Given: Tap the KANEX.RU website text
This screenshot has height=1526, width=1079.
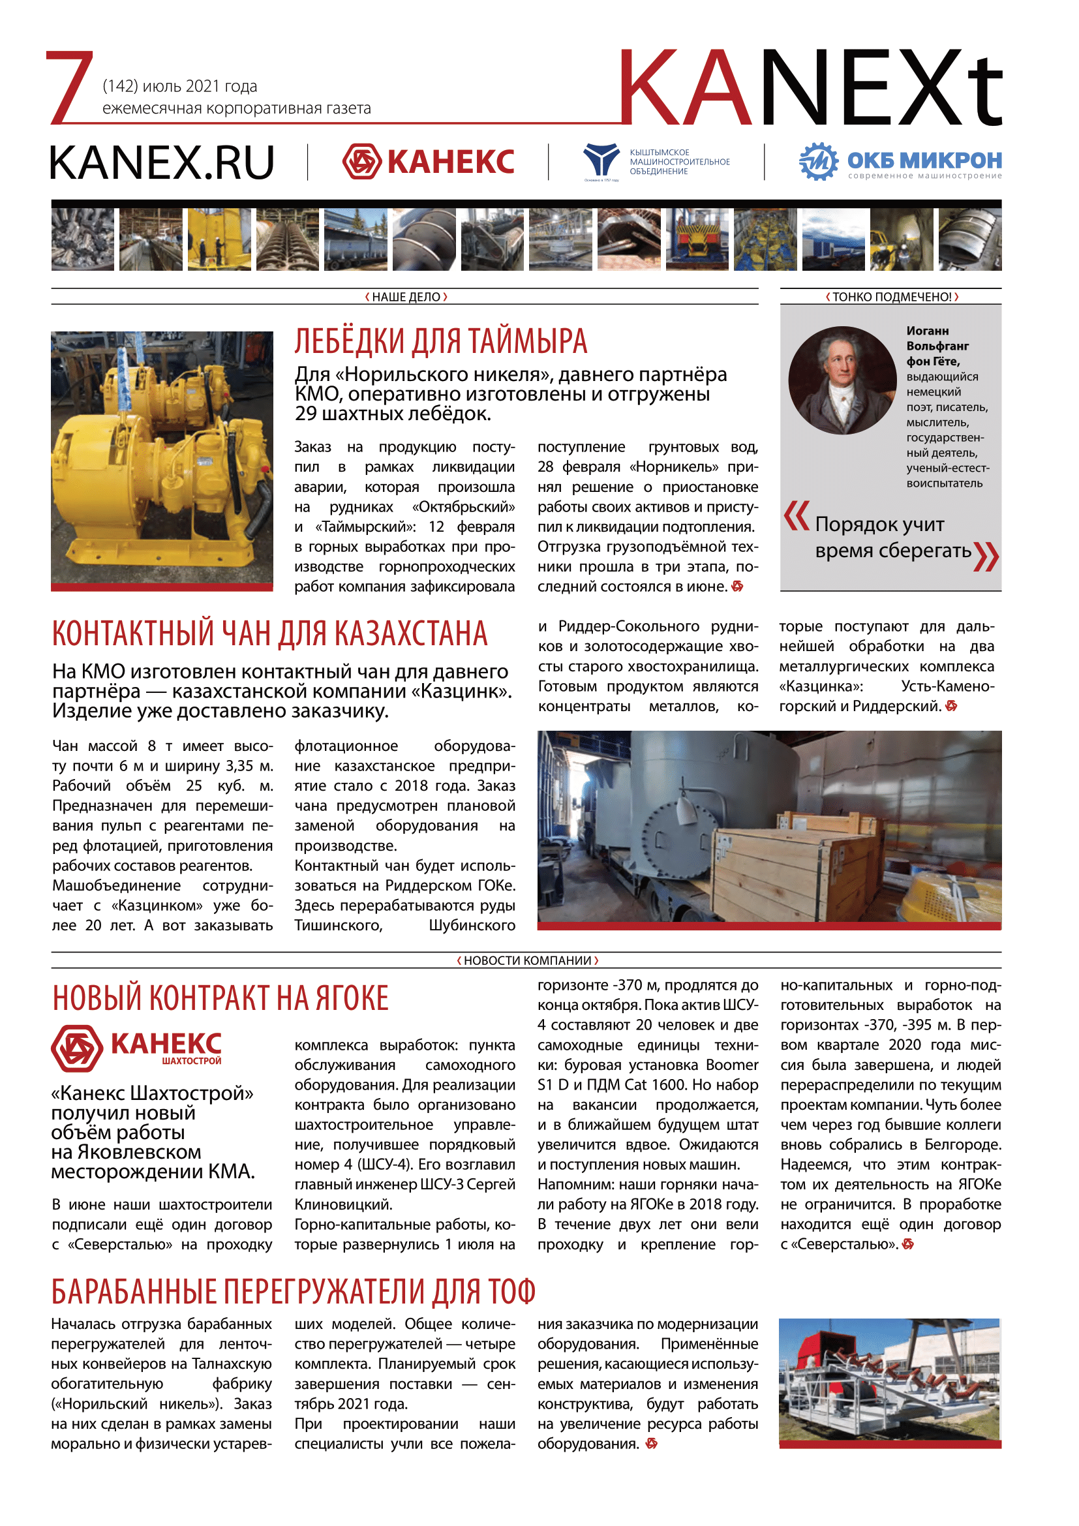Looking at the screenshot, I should tap(161, 163).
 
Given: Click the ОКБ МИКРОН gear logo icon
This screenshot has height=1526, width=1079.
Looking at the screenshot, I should tap(819, 162).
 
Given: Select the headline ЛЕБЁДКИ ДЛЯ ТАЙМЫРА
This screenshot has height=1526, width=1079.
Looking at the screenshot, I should tap(440, 342).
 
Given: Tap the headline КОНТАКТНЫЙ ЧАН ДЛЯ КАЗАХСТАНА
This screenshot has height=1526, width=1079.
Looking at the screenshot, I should tap(270, 633).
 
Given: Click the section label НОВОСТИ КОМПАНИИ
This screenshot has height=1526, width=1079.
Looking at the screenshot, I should tap(528, 960).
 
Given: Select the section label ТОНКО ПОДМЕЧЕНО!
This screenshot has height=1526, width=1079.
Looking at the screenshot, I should tap(892, 297).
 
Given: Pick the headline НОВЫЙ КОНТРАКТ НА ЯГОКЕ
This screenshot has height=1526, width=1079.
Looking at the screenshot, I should tap(220, 999).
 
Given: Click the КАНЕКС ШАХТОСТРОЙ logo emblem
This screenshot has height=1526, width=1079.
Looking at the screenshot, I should tap(77, 1048).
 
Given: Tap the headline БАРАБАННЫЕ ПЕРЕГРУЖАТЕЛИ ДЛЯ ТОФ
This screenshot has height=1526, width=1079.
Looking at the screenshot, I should tap(293, 1291).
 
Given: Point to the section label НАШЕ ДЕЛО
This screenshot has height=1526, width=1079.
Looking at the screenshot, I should tap(406, 297).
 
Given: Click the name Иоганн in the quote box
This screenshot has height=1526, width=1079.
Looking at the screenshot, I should tap(928, 331).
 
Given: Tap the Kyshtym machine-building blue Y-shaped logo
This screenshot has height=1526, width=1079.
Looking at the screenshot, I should tap(601, 159).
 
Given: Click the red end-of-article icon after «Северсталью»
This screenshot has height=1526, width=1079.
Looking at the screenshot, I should tap(908, 1244).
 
